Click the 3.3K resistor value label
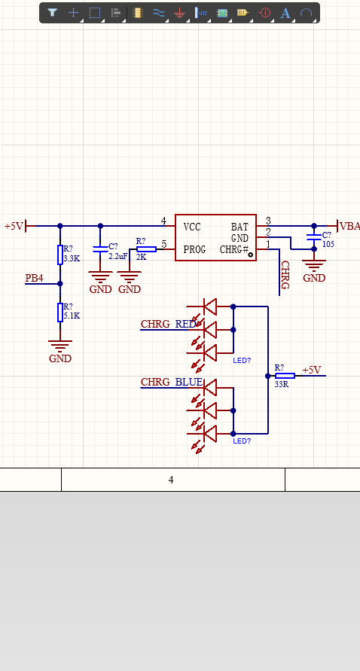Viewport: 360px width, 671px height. pos(72,258)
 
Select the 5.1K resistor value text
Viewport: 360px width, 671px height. pos(72,316)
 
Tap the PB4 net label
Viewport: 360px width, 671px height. pos(34,278)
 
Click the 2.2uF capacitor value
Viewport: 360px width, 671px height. pos(117,256)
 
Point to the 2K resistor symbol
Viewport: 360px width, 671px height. pos(146,249)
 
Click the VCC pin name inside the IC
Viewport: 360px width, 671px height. pos(192,227)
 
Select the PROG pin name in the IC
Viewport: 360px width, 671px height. pos(195,249)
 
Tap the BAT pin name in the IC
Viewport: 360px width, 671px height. pos(239,227)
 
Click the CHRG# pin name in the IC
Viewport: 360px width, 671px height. pos(234,249)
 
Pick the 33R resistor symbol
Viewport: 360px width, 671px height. pos(285,376)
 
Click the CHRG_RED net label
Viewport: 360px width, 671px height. pos(168,324)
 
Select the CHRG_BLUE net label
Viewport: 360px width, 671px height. pos(172,382)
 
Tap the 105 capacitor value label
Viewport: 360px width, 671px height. pos(328,244)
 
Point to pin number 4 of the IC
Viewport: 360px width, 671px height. pos(163,221)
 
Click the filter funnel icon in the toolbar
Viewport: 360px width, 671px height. pos(52,12)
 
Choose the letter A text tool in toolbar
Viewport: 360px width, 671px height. pos(285,13)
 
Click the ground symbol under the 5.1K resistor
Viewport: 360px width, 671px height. pos(60,345)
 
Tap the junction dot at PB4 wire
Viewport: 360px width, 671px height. pos(60,283)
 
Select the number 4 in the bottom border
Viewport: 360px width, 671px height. pos(171,480)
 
